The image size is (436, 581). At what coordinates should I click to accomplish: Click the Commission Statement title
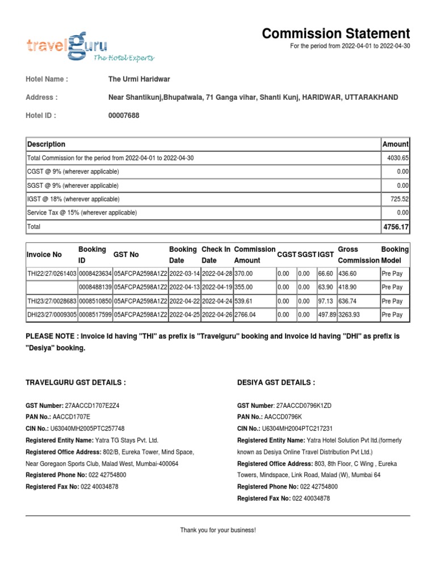pyautogui.click(x=336, y=33)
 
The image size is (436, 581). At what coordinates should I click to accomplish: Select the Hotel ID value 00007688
pyautogui.click(x=124, y=116)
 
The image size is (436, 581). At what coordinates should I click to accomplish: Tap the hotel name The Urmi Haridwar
pyautogui.click(x=139, y=79)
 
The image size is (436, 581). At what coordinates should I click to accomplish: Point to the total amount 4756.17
pyautogui.click(x=396, y=227)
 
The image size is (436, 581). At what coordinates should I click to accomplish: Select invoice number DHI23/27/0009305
pyautogui.click(x=52, y=315)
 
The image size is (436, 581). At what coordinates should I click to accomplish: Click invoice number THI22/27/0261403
pyautogui.click(x=52, y=273)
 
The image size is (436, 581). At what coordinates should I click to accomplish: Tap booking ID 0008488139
pyautogui.click(x=95, y=288)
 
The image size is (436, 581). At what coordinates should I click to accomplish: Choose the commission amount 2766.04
pyautogui.click(x=246, y=315)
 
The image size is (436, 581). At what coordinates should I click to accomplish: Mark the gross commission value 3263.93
pyautogui.click(x=350, y=315)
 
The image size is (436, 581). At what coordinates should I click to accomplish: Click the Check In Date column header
pyautogui.click(x=216, y=255)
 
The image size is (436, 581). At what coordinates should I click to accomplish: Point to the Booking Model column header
pyautogui.click(x=395, y=255)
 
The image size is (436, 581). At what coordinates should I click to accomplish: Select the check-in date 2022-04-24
pyautogui.click(x=217, y=301)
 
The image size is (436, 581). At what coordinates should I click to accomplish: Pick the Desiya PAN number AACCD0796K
pyautogui.click(x=282, y=418)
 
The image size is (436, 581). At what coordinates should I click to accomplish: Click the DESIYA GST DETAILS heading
pyautogui.click(x=276, y=383)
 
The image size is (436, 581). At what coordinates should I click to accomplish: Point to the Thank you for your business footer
pyautogui.click(x=218, y=530)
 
